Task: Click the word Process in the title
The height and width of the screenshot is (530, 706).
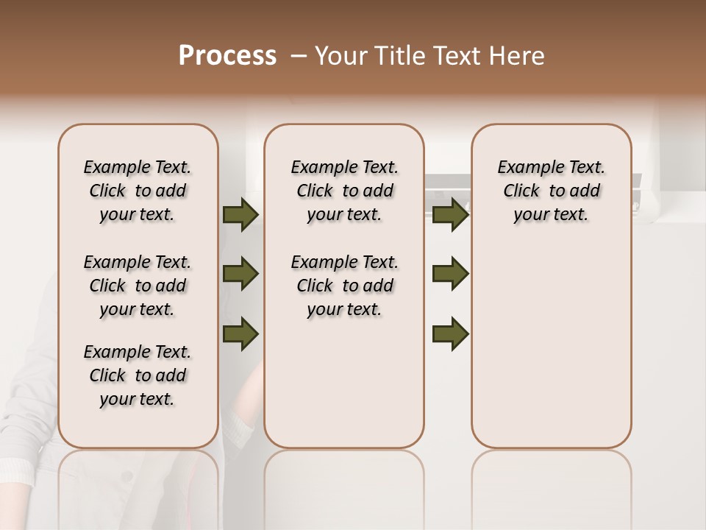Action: click(x=227, y=56)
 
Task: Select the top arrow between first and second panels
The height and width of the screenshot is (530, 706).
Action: click(x=240, y=215)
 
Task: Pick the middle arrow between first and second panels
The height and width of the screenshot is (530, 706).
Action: click(x=240, y=274)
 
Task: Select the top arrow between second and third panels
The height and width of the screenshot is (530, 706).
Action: click(x=450, y=215)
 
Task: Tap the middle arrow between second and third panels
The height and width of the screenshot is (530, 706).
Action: click(x=450, y=274)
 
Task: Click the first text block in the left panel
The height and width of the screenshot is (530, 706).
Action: click(x=138, y=191)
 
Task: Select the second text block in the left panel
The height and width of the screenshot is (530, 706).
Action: click(x=138, y=286)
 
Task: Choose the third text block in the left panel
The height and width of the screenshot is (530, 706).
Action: click(x=138, y=375)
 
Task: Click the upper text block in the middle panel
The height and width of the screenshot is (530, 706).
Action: click(x=344, y=191)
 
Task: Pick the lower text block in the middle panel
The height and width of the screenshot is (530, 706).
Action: click(x=344, y=286)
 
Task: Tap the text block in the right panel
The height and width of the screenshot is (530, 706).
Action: click(x=551, y=191)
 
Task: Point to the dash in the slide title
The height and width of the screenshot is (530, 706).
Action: click(x=298, y=56)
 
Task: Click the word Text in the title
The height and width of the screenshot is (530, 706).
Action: click(x=453, y=56)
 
